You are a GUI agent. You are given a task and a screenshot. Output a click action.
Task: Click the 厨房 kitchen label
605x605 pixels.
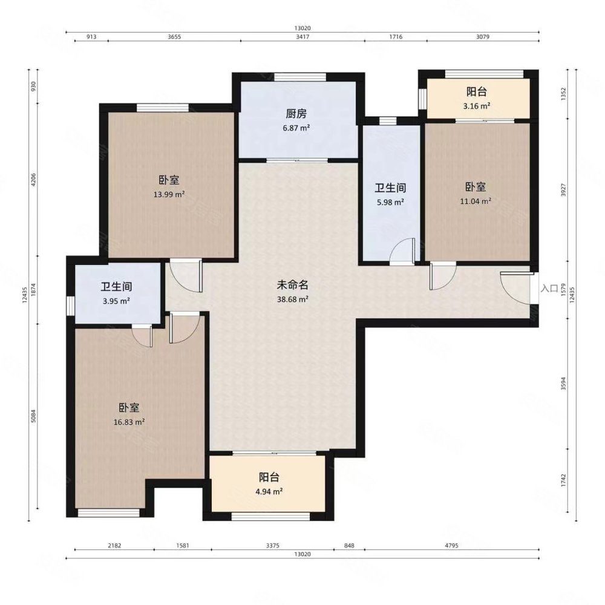296,114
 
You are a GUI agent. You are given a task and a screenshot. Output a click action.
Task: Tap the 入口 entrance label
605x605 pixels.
549,288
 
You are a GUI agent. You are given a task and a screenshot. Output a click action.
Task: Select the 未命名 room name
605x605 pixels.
292,285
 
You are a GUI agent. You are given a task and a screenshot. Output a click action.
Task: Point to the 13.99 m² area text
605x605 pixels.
169,194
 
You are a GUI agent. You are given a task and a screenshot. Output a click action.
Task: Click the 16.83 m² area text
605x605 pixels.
129,422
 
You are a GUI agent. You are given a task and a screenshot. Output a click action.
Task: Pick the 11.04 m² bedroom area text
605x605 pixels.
476,201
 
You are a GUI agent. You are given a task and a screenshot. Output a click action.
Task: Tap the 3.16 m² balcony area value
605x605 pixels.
477,106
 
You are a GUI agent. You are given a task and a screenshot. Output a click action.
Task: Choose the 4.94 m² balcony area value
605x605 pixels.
269,491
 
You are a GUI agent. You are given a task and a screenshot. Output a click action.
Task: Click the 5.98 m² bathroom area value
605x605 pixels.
390,202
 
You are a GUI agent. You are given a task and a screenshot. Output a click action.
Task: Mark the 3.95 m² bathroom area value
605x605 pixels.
116,301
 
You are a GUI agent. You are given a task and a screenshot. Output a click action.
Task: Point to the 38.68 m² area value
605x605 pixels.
292,299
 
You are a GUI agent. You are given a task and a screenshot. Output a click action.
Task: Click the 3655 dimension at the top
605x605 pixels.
174,37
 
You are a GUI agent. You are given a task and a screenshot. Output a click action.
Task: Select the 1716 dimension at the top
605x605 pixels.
396,37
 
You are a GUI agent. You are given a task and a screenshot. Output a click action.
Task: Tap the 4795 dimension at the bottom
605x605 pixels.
451,546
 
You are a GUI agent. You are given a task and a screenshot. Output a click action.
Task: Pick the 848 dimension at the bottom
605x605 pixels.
349,546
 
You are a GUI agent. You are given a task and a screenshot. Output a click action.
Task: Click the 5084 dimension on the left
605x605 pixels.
33,416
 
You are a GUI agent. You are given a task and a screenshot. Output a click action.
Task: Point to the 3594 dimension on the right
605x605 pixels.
563,384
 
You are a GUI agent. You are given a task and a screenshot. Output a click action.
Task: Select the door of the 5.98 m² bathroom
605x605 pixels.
403,251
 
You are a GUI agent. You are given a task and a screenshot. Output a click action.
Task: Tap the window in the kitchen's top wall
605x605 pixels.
300,77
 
